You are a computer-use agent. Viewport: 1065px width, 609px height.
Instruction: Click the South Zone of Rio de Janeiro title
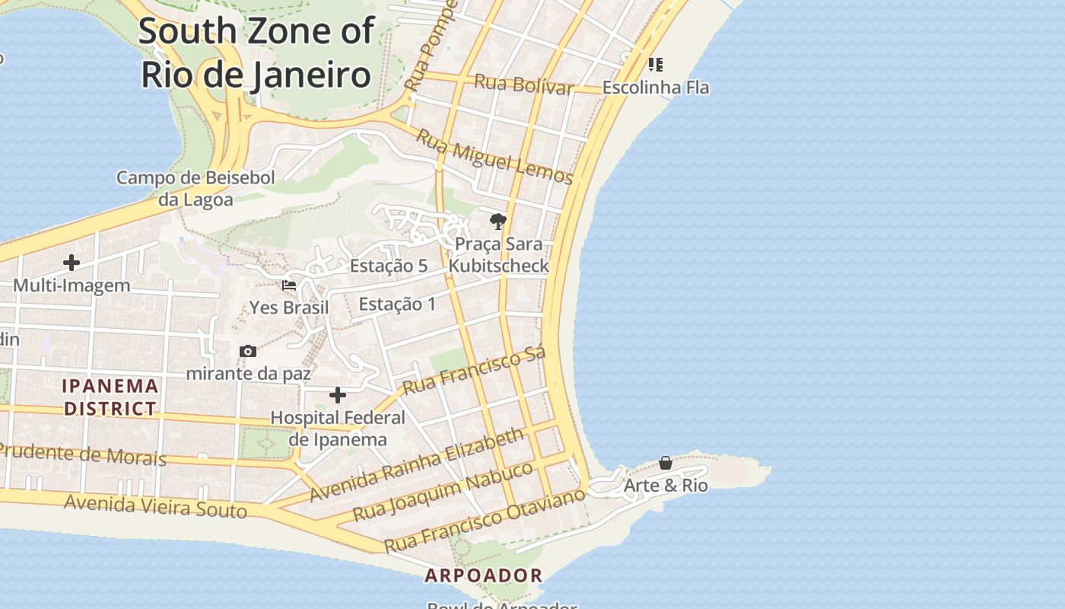click(256, 53)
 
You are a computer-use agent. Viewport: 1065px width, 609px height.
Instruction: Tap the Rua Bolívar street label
click(523, 84)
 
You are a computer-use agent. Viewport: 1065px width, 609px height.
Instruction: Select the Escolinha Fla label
click(656, 88)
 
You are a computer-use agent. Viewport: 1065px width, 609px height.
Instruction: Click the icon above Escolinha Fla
click(655, 64)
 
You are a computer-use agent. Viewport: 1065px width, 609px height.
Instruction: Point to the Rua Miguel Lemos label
click(494, 158)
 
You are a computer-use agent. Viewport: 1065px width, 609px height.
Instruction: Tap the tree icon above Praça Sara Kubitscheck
click(498, 222)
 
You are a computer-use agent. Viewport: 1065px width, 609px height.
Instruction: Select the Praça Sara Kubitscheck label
click(498, 255)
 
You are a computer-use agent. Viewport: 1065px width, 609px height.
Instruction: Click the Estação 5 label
click(388, 266)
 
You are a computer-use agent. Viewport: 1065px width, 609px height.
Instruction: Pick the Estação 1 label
click(397, 304)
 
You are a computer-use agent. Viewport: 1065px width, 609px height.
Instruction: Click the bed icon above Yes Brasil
click(289, 286)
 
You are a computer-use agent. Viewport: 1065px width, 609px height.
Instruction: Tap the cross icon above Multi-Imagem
click(72, 263)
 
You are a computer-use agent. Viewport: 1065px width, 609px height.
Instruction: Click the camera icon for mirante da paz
click(247, 351)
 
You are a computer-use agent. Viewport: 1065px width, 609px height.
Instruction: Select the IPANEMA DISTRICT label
click(110, 397)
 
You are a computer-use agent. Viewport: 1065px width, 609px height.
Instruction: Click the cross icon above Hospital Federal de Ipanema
click(338, 395)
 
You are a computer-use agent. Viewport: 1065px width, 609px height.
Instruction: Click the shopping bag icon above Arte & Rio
click(666, 463)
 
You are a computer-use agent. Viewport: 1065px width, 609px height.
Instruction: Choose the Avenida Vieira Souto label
click(155, 506)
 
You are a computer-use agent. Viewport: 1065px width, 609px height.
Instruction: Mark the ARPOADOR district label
click(484, 576)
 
